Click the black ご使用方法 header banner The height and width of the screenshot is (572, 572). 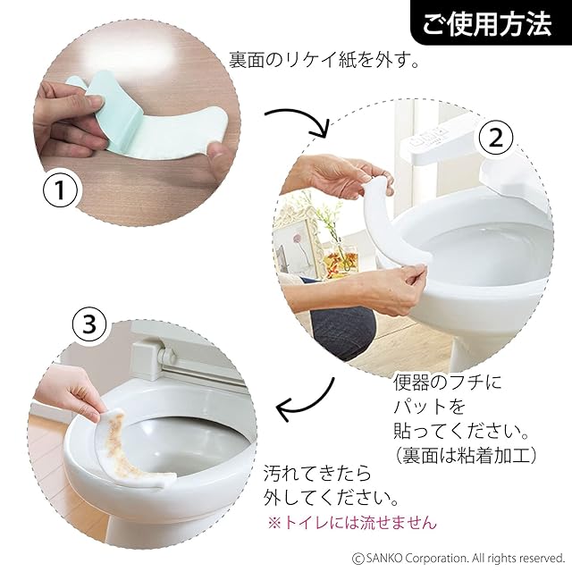[491, 22]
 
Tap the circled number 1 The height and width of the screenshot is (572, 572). [61, 190]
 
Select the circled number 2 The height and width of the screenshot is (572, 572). [496, 138]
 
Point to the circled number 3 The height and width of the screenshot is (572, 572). [89, 324]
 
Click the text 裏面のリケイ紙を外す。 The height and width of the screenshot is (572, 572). [324, 60]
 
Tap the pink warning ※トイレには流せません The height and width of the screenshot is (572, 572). [351, 523]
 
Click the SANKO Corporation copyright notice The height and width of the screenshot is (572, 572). [458, 558]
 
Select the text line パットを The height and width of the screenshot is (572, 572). [429, 407]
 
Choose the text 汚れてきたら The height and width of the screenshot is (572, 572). [317, 473]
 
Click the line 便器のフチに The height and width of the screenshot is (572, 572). [448, 382]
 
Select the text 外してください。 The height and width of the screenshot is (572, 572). [331, 498]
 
